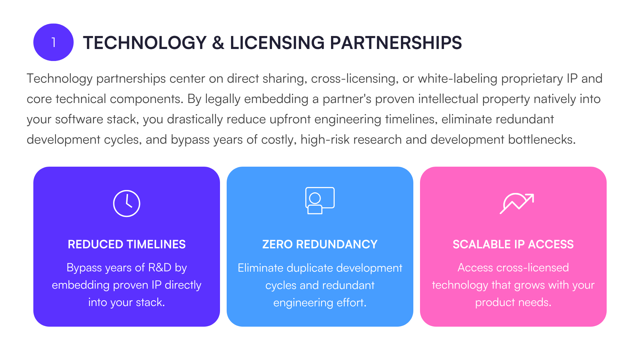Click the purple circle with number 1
coord(53,42)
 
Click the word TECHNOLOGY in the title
coord(145,43)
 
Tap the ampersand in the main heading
coord(218,43)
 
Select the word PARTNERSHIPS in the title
coord(396,43)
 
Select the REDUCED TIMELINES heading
coord(127,244)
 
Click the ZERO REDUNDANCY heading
coord(320,244)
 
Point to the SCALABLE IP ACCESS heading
coord(513,244)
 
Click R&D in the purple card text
coord(160,267)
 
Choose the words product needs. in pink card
coord(513,302)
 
